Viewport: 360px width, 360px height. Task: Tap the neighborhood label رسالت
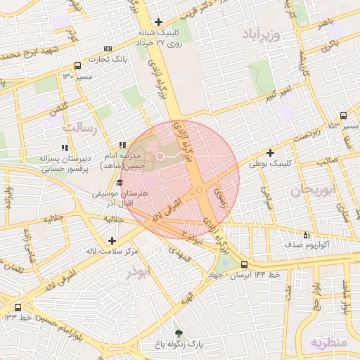coord(82,127)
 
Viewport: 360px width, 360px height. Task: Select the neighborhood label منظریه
coord(328,342)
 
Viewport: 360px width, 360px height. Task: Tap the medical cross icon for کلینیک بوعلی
coord(269,153)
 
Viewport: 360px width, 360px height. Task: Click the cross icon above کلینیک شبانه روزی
coord(159,22)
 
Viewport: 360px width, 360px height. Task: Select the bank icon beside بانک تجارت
coord(107,49)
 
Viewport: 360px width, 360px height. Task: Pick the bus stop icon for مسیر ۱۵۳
coord(343,115)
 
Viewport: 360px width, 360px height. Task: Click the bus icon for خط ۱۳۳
coord(18,307)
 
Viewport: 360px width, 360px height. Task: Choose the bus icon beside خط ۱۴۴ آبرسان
coord(244,264)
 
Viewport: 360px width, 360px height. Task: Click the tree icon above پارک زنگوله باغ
coord(179,333)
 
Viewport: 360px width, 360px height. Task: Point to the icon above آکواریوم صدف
coord(305,235)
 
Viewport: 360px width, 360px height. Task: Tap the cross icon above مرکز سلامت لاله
coord(112,240)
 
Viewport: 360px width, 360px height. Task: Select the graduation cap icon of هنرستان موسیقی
coord(120,183)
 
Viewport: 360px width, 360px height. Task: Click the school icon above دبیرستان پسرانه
coord(65,148)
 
